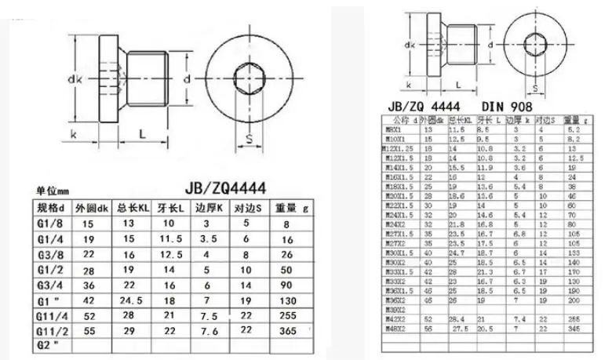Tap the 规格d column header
pyautogui.click(x=53, y=208)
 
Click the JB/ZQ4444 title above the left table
pyautogui.click(x=223, y=188)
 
